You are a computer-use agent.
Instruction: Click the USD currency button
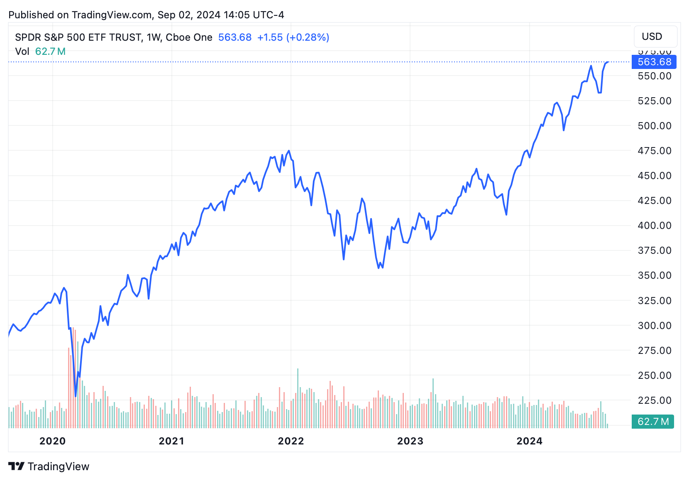[655, 37]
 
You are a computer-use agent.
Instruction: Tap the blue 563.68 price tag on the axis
[654, 62]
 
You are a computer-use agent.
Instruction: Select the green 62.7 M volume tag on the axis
[652, 422]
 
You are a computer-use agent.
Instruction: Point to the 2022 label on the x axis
[291, 441]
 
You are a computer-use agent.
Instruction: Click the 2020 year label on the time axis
[52, 441]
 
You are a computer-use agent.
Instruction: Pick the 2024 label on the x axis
[529, 441]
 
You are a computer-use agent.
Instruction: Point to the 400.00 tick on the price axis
[654, 226]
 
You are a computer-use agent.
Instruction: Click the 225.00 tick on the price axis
[654, 400]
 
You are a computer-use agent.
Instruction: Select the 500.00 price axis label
[654, 126]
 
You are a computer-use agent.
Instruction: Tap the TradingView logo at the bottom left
[49, 466]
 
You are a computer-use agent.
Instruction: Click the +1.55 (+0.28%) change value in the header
[293, 37]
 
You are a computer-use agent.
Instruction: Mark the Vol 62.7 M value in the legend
[50, 52]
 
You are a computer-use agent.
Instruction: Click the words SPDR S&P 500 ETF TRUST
[78, 37]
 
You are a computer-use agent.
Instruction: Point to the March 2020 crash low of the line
[76, 396]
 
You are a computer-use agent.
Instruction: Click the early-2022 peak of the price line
[289, 151]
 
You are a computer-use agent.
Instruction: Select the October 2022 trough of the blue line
[379, 268]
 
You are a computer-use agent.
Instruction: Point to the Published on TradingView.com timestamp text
[146, 15]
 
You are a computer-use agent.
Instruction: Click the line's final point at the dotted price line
[608, 62]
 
